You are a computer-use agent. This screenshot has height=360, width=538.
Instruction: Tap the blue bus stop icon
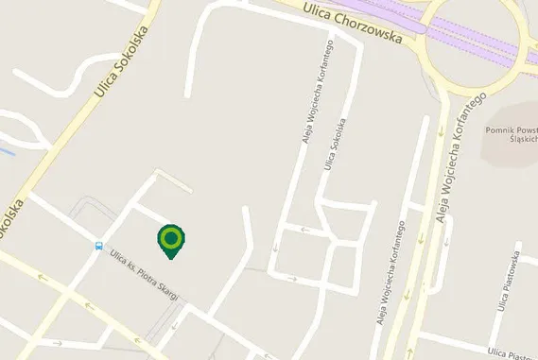(x=97, y=247)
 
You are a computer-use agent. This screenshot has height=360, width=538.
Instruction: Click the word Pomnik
(x=498, y=128)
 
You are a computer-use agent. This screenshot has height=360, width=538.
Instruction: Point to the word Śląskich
(x=523, y=139)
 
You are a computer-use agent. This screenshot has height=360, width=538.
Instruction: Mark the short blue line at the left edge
(x=7, y=149)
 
